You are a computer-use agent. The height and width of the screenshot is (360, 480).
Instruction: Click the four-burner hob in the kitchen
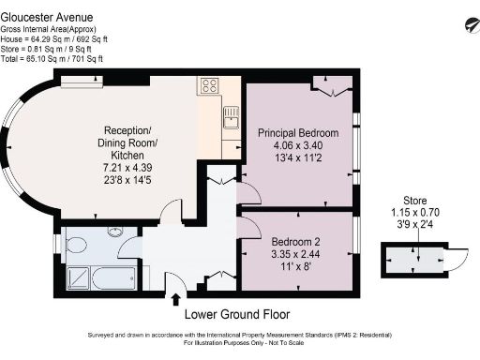click(x=208, y=86)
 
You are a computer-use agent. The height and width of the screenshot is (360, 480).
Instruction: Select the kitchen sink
click(x=229, y=118)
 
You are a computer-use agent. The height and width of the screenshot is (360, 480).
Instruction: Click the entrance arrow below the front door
click(x=176, y=299)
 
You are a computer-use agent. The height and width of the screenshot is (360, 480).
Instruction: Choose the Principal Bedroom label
click(x=297, y=133)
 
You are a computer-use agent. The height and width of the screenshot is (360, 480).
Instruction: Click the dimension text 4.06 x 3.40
click(x=297, y=146)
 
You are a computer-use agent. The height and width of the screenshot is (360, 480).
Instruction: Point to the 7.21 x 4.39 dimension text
click(x=128, y=166)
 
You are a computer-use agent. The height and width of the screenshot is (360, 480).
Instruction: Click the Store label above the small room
click(x=414, y=201)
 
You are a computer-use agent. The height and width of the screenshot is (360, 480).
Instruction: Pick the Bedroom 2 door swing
click(x=250, y=225)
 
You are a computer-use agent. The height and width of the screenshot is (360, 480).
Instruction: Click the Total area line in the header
click(x=52, y=59)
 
